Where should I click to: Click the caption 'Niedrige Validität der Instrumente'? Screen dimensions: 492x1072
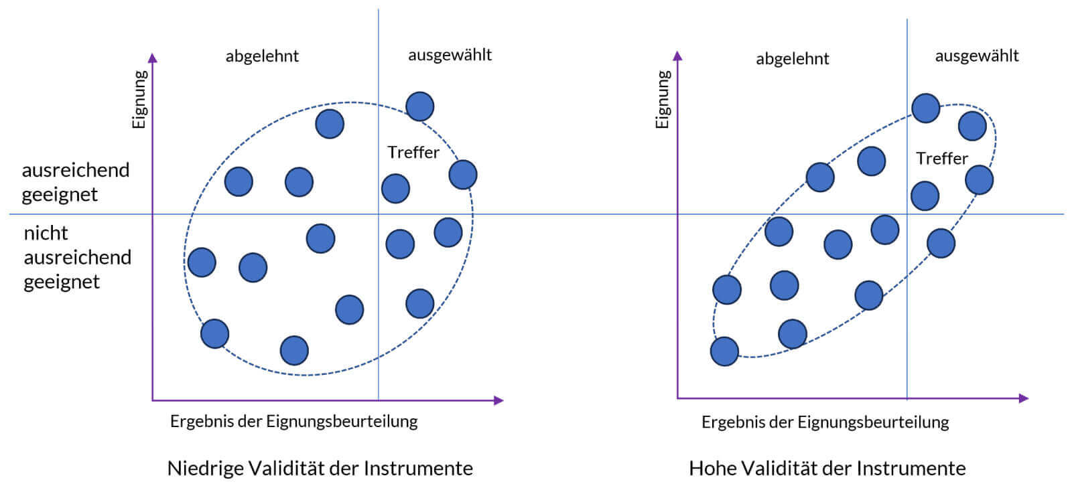pos(320,468)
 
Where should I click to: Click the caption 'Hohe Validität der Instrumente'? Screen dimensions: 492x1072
pos(827,468)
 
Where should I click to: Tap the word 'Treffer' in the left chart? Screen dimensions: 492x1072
pos(413,153)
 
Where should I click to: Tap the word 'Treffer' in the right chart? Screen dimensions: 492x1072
pos(941,159)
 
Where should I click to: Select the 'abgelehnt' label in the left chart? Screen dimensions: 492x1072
pos(262,56)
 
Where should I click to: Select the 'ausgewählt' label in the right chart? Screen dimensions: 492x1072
pos(976,56)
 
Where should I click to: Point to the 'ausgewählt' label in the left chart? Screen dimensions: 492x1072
pos(450,55)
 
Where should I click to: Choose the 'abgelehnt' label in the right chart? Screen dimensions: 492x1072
pos(792,59)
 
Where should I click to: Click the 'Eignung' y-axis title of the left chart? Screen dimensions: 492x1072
pos(139,99)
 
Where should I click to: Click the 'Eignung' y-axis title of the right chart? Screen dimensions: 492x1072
pos(663,99)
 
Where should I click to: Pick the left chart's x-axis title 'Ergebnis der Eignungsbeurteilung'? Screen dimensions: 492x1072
pos(293,421)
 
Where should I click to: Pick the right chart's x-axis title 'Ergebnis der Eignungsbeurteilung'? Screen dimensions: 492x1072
pos(825,422)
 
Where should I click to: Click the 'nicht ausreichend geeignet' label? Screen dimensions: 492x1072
pos(76,257)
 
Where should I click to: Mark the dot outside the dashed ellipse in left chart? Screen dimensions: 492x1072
pos(419,106)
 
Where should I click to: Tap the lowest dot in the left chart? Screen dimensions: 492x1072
pos(294,350)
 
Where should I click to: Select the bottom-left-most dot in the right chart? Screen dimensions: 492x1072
pos(724,351)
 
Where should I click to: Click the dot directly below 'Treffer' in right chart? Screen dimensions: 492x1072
pos(925,195)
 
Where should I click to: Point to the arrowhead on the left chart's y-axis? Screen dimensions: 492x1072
pos(153,58)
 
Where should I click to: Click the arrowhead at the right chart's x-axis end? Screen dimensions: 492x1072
pos(1023,398)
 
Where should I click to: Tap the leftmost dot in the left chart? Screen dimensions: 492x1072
pos(202,262)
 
